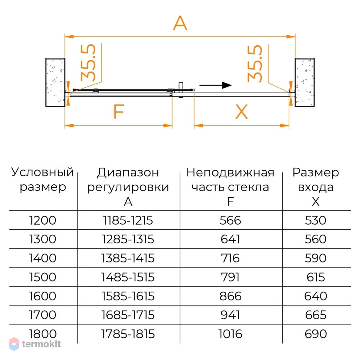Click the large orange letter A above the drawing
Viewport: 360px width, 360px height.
click(x=180, y=23)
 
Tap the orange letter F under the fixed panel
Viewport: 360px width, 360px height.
click(x=119, y=111)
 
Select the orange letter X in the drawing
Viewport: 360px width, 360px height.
click(x=242, y=112)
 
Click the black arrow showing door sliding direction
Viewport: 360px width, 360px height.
click(x=215, y=85)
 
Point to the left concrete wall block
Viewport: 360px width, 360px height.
click(x=55, y=82)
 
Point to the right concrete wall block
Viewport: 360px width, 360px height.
click(x=305, y=82)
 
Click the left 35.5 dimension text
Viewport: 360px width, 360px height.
click(x=88, y=62)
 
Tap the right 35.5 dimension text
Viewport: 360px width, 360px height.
click(x=255, y=63)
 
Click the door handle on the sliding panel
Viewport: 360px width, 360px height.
click(x=181, y=90)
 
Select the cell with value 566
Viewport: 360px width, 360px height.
click(x=230, y=220)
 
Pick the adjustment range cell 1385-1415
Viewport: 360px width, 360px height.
click(x=128, y=258)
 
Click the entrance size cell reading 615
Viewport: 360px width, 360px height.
click(x=316, y=277)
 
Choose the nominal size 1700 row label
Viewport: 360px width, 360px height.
click(x=42, y=315)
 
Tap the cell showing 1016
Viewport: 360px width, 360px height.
click(x=230, y=334)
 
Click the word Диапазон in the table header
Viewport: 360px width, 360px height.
click(x=128, y=173)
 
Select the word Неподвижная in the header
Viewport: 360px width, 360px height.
click(x=230, y=173)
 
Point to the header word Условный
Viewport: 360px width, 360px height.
click(x=42, y=172)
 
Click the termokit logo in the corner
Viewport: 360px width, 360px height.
click(x=35, y=344)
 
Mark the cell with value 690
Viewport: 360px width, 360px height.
click(x=316, y=334)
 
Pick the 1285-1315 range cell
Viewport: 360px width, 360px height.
click(x=128, y=239)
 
